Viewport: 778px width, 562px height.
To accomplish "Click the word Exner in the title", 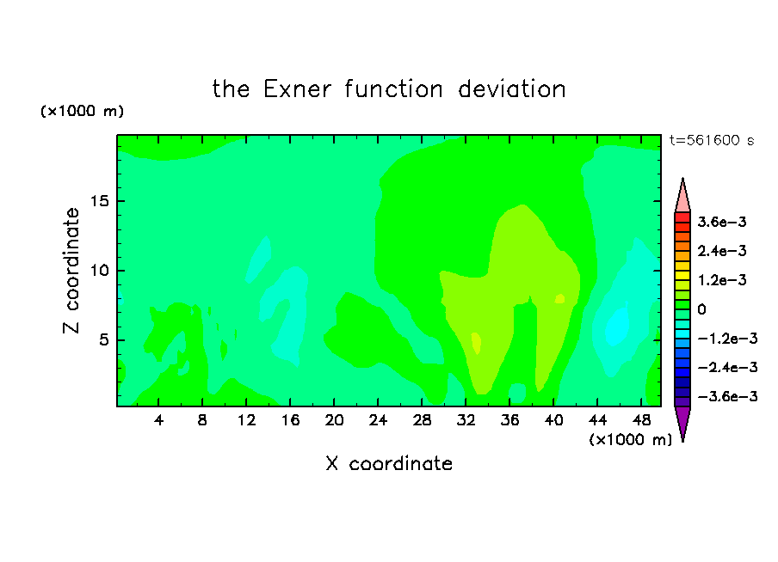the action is [297, 89].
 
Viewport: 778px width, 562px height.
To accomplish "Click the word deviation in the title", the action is [511, 89].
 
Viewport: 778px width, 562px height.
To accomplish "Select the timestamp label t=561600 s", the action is [712, 140].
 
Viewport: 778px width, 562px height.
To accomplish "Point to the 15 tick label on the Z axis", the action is [99, 201].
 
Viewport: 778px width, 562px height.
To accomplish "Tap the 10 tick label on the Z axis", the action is [99, 270].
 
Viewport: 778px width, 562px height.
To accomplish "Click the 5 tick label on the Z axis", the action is [103, 339].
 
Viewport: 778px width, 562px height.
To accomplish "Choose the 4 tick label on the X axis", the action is [158, 420].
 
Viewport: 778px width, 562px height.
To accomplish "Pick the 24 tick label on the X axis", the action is [378, 420].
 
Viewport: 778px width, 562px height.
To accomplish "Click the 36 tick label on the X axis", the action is [509, 420].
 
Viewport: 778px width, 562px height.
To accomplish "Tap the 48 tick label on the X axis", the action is [641, 420].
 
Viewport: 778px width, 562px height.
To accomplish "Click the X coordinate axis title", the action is [389, 463].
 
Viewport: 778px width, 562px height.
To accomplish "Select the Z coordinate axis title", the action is [71, 271].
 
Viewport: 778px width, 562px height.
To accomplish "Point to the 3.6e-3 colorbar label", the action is [721, 222].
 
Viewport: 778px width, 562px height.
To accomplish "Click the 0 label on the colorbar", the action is [701, 309].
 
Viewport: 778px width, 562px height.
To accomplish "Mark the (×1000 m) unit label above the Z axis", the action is [82, 111].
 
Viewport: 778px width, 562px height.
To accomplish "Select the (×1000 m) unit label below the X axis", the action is [630, 440].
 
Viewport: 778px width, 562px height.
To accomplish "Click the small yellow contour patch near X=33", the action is [476, 343].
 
